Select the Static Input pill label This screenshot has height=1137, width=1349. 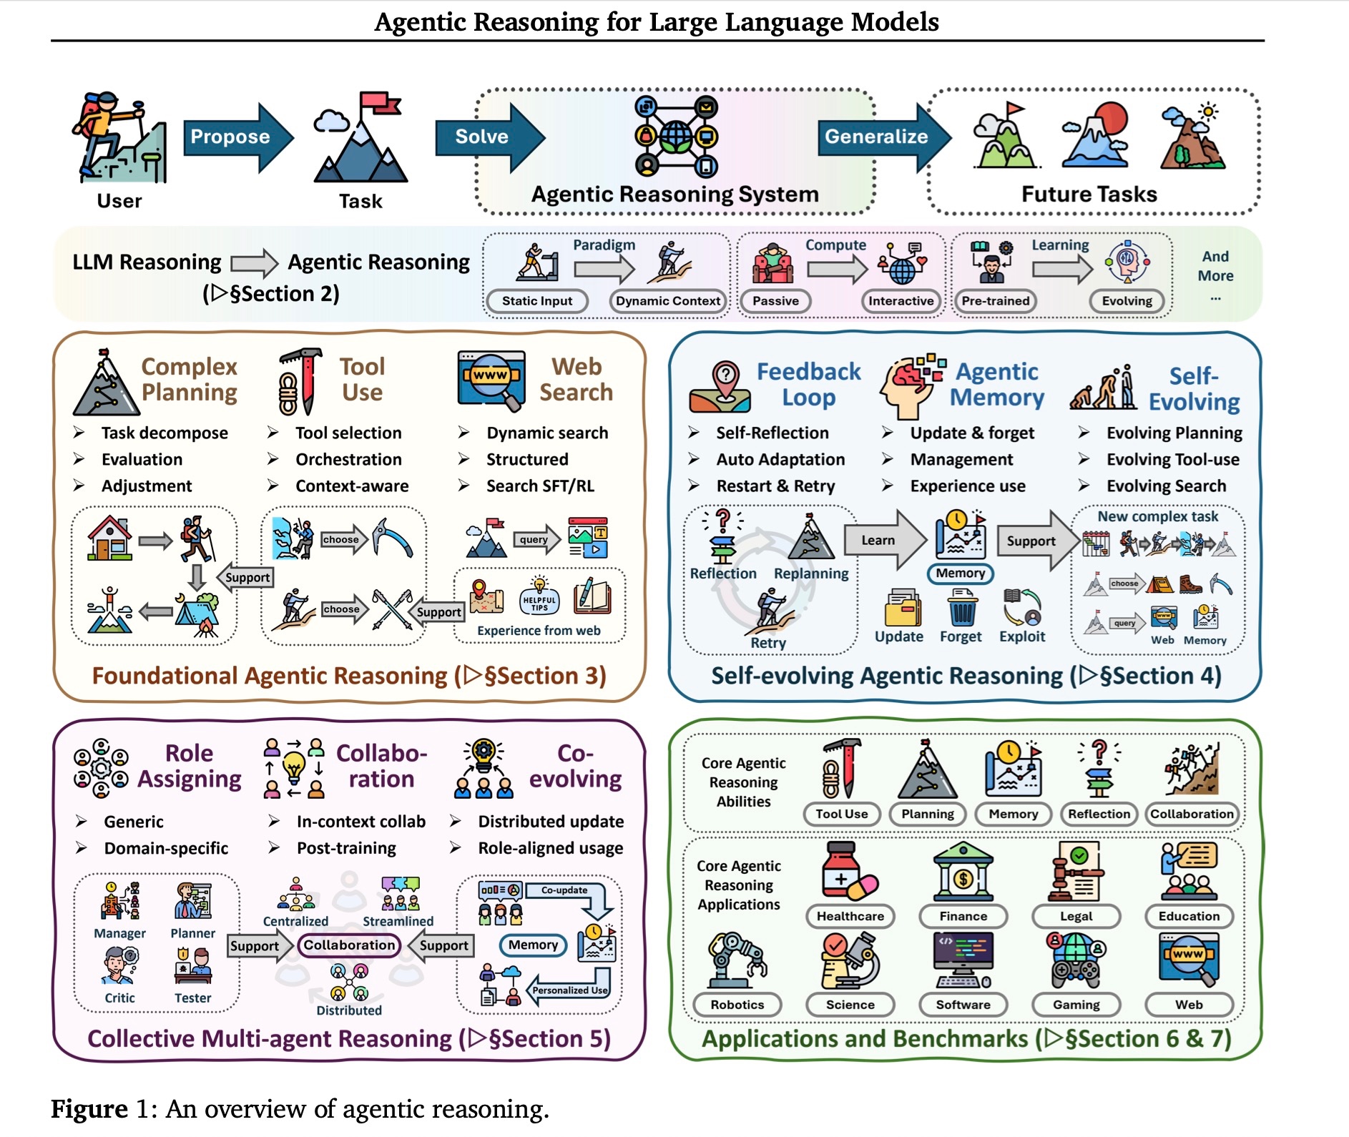(x=537, y=301)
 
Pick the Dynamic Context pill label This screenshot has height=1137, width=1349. (x=668, y=301)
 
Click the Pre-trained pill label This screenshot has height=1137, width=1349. (x=996, y=301)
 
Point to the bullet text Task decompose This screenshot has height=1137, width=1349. (x=165, y=433)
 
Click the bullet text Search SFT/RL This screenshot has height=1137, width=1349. (x=540, y=486)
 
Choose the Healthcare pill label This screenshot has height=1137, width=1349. (x=850, y=916)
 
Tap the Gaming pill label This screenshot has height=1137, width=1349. (x=1076, y=1005)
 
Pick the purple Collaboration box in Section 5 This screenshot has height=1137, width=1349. (x=349, y=945)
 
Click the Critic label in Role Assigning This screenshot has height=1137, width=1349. (x=119, y=998)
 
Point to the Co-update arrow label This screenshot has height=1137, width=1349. (x=564, y=890)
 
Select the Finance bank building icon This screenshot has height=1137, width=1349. (x=963, y=872)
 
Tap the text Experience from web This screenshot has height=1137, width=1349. (x=539, y=631)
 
